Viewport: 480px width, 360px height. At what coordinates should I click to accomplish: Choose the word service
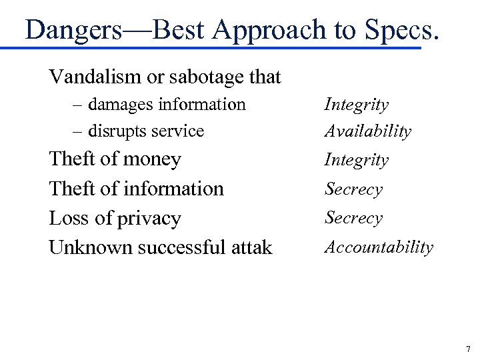(179, 131)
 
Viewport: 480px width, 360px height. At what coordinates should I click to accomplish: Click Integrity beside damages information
(356, 105)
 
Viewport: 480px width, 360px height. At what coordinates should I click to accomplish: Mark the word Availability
(367, 131)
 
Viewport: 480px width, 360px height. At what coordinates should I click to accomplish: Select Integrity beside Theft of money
(356, 160)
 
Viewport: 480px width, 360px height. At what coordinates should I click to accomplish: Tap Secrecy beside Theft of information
(353, 189)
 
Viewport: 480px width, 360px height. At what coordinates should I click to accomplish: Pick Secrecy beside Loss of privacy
(353, 218)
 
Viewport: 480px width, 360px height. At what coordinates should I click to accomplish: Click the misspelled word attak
(251, 248)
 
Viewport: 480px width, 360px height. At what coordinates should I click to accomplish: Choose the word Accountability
(378, 247)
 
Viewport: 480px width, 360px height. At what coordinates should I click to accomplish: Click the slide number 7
(467, 349)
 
